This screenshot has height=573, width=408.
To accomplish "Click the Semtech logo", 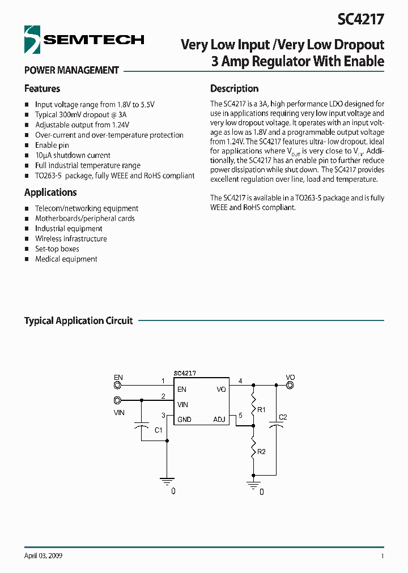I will tap(84, 40).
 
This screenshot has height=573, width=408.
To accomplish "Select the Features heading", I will tap(42, 89).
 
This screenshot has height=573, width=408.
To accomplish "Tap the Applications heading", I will tap(50, 193).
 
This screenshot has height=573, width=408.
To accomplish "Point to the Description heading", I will tap(234, 89).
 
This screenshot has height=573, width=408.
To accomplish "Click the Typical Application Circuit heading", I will tap(78, 321).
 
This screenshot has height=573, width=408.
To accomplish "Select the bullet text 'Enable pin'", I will tap(52, 146).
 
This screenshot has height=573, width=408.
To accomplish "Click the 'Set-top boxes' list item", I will tap(57, 249).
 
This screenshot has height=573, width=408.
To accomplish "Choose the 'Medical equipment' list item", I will tap(66, 259).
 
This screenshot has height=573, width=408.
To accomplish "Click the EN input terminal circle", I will tap(118, 386).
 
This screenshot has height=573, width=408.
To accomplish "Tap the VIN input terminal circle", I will tap(118, 400).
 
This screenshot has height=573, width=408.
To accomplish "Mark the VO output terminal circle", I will tap(290, 386).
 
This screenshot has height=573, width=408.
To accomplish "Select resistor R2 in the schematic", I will tap(253, 451).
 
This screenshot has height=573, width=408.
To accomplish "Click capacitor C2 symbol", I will tap(277, 425).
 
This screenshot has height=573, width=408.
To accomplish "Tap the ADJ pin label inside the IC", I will tap(219, 420).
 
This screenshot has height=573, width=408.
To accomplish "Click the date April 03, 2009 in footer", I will tap(44, 556).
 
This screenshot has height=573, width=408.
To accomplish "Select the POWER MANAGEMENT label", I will tap(71, 71).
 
